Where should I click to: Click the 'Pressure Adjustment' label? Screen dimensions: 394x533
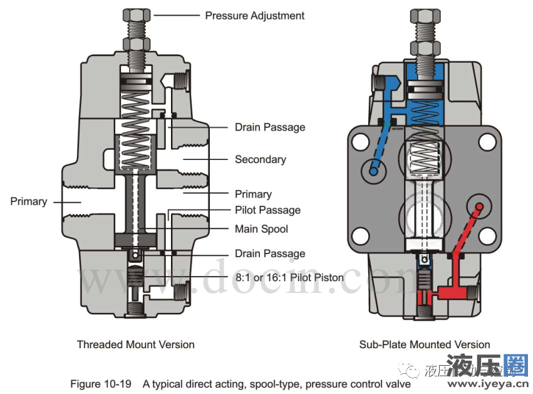(254, 15)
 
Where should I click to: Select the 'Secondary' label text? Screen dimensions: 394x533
(260, 159)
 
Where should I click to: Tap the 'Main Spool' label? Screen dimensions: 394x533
(261, 229)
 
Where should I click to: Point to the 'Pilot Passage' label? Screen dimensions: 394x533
(267, 210)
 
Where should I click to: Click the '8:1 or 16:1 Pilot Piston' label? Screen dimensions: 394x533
(289, 277)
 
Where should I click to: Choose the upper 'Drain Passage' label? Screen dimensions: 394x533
(270, 127)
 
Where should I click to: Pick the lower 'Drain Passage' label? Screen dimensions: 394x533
(270, 253)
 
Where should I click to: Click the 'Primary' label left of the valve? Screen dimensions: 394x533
(28, 201)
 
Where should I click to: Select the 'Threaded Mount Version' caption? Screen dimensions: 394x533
(135, 344)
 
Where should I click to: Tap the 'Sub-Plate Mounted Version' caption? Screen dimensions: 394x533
(424, 344)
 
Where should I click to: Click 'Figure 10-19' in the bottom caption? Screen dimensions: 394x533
(101, 384)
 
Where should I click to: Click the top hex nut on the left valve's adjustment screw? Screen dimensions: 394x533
(136, 14)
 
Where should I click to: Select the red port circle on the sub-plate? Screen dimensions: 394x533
(479, 206)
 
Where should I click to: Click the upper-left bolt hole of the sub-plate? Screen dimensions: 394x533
(360, 142)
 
